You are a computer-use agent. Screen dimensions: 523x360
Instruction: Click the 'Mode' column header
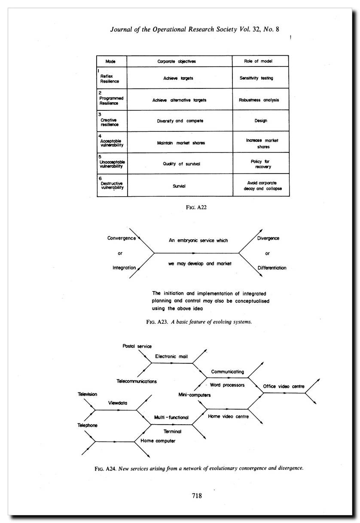coord(110,61)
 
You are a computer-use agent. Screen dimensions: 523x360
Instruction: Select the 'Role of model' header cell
coord(260,61)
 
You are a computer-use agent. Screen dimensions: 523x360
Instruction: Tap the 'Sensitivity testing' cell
coord(256,78)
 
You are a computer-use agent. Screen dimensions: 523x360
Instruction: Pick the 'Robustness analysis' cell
coord(259,100)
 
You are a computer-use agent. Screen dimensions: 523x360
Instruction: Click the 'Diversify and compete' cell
coord(180,121)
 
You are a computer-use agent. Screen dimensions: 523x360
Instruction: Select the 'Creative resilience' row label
coord(110,122)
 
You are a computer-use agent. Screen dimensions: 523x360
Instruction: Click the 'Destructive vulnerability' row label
coord(112,185)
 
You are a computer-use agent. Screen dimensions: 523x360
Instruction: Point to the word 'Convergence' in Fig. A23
coord(122,238)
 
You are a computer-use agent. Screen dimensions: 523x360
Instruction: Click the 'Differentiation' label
coord(272,268)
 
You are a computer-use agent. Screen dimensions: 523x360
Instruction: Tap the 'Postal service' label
coord(137,346)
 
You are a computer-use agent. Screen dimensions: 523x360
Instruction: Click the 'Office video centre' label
coord(284,386)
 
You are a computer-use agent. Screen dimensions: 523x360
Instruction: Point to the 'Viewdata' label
coord(118,403)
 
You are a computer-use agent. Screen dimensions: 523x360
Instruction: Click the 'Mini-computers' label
coord(194,395)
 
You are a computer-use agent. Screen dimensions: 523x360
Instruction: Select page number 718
coord(197,496)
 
